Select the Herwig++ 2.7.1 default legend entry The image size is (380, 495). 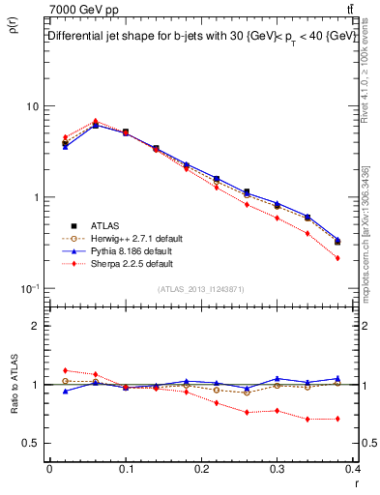[x=126, y=238]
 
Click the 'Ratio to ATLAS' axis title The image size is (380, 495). [x=13, y=386]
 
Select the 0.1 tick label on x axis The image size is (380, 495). [x=126, y=468]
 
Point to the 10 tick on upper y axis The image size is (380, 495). [x=32, y=105]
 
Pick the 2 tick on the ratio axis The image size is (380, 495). [x=35, y=326]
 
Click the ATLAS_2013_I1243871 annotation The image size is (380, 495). [x=200, y=289]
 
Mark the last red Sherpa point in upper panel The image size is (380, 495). [x=337, y=258]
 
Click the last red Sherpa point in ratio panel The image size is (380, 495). [x=337, y=419]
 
